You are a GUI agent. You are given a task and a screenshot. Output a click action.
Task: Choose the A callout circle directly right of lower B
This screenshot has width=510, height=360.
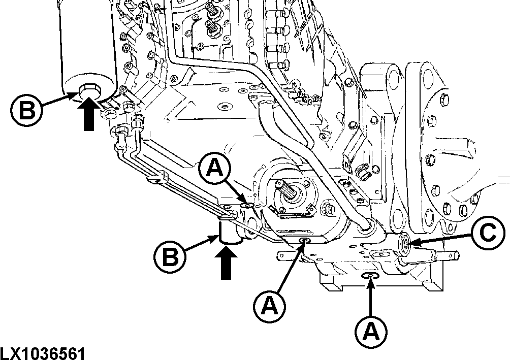[x=269, y=305]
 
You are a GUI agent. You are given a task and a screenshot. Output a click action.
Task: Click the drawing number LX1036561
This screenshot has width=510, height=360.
[x=43, y=353]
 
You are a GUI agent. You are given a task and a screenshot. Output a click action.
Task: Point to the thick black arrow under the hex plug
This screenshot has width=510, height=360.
[x=88, y=115]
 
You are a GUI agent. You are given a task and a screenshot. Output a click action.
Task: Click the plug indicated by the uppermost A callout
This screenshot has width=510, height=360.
[x=248, y=205]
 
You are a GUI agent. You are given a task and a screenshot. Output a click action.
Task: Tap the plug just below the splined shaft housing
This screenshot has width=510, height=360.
[x=305, y=240]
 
